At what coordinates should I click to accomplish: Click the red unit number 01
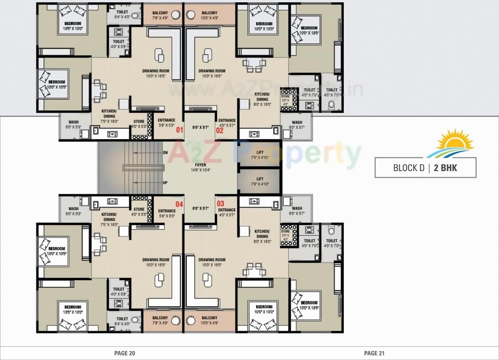click(179, 130)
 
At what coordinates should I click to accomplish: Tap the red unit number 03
click(221, 204)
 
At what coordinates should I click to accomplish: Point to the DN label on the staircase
click(165, 153)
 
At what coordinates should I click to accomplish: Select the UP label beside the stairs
click(165, 182)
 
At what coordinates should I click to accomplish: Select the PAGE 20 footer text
click(125, 353)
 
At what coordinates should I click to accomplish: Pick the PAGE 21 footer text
click(374, 353)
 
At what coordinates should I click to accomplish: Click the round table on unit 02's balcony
click(191, 15)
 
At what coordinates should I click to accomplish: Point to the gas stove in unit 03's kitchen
click(254, 201)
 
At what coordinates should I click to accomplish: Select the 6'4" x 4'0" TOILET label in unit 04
click(122, 321)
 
